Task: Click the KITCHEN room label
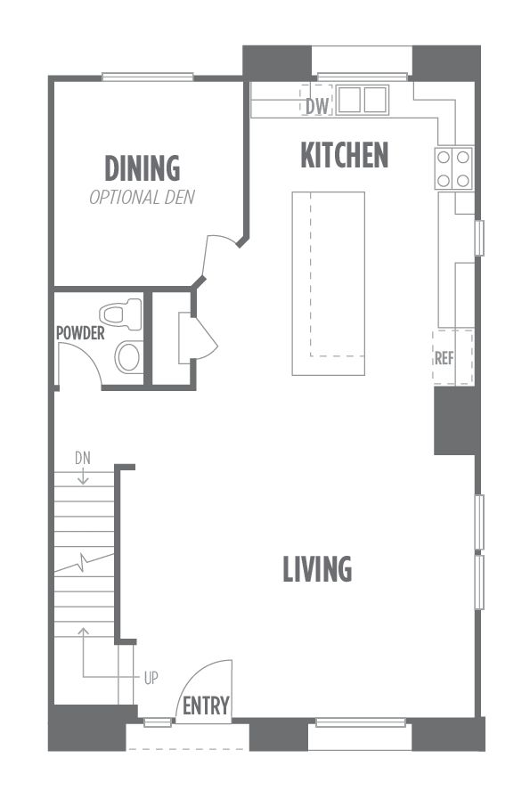coord(345,155)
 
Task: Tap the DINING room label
coord(143,168)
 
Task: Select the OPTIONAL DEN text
coord(143,197)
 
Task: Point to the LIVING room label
coord(317,568)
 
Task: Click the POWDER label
coord(80,333)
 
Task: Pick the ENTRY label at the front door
coord(206,706)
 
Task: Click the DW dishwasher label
coord(317,107)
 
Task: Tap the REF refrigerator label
coord(444,358)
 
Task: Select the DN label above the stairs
coord(83,458)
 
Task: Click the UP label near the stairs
coord(151,678)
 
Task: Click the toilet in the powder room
coord(120,314)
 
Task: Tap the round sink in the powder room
coord(127,356)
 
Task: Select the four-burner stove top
coord(453,168)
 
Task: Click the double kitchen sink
coord(362,99)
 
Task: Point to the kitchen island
coord(328,283)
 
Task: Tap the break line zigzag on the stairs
coord(84,562)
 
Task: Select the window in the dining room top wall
coord(147,77)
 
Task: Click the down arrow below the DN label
coord(83,475)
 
